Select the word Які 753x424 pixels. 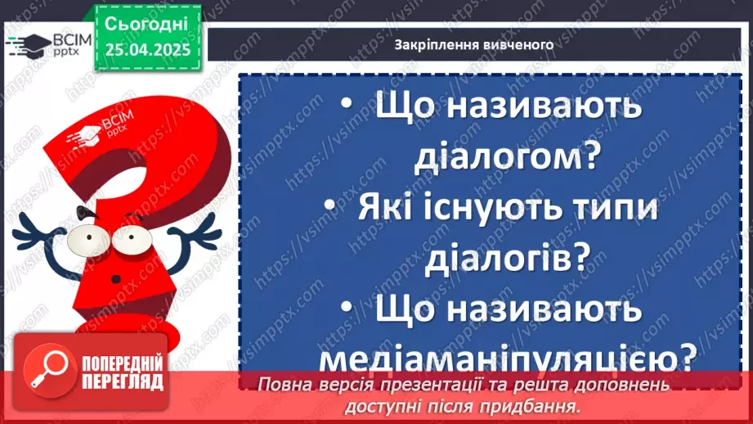[388, 210]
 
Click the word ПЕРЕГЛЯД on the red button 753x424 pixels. [121, 381]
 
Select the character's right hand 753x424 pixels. [200, 232]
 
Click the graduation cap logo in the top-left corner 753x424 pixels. [27, 43]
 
